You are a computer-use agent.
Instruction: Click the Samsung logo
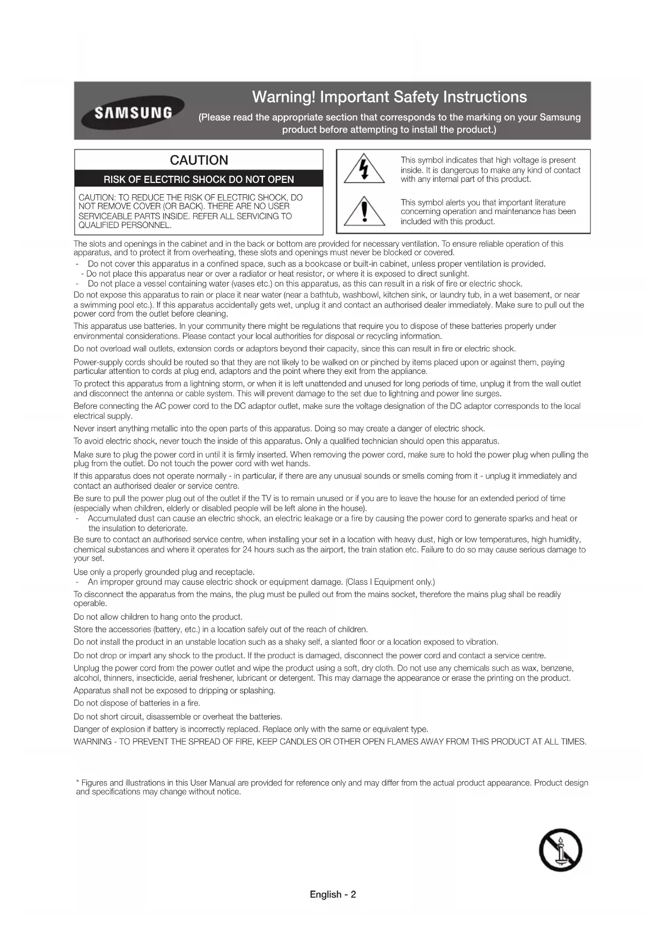click(133, 113)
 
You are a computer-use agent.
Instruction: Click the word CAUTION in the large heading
click(199, 160)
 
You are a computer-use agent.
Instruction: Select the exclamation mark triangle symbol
click(364, 211)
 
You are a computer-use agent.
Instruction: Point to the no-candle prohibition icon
click(560, 850)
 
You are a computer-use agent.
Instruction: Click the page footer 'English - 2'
click(333, 894)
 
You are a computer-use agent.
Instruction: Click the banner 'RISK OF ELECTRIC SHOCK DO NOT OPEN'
click(199, 179)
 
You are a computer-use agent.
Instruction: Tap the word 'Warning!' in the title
click(283, 97)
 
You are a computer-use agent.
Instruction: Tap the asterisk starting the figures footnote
click(78, 782)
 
